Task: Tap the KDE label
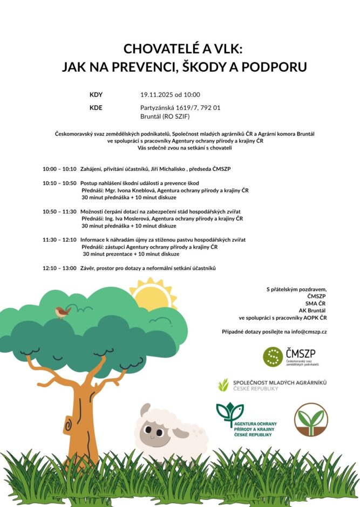tap(96, 107)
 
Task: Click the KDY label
tap(96, 94)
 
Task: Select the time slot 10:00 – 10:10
tap(59, 169)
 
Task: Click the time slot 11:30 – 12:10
tap(59, 239)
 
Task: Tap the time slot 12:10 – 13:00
tap(59, 268)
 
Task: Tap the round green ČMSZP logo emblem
tap(273, 357)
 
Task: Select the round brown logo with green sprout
tap(311, 419)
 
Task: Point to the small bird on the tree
tap(62, 312)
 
